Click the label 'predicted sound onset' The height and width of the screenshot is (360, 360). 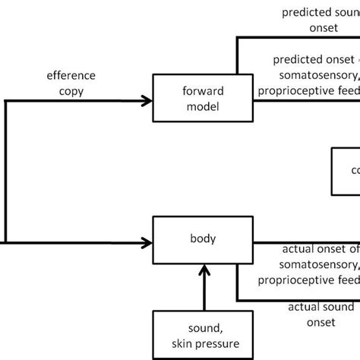(x=319, y=20)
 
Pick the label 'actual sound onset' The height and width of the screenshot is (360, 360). (x=321, y=314)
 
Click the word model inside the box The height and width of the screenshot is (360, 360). (x=202, y=106)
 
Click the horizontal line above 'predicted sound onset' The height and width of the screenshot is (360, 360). (x=296, y=38)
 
